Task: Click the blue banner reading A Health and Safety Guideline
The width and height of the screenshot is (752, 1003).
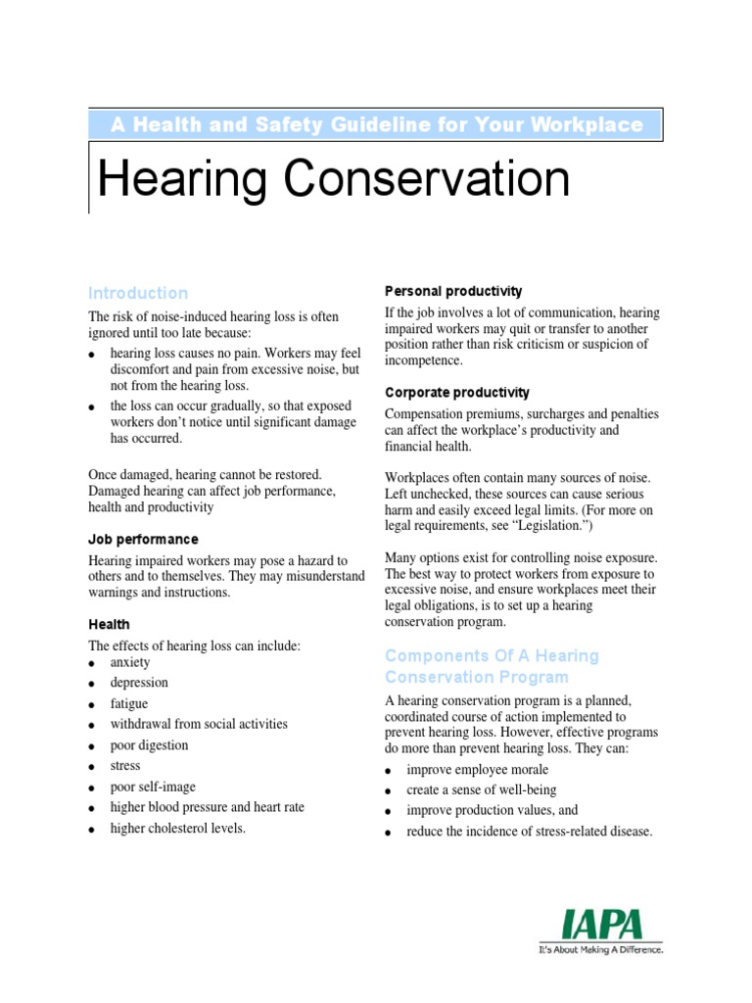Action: point(377,124)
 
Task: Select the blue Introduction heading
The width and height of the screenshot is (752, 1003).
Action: point(138,293)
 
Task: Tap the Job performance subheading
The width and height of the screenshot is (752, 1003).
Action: point(143,540)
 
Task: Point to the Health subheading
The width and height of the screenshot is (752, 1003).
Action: point(109,624)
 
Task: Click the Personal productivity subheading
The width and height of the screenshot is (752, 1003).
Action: point(453,291)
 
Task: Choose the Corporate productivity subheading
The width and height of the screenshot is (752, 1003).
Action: point(457,393)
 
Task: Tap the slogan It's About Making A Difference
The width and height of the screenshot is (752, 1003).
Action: point(601,950)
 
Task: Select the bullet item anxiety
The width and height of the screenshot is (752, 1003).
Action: point(130,662)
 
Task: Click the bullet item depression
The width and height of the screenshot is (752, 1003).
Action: point(139,683)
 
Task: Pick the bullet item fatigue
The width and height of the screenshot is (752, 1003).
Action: point(129,703)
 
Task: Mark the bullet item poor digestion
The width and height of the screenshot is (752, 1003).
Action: point(149,745)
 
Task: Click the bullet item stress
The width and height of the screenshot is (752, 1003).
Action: point(125,766)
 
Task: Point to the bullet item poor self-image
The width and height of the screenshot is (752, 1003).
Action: point(153,787)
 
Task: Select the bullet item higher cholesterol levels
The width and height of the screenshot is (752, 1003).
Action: point(177,829)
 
